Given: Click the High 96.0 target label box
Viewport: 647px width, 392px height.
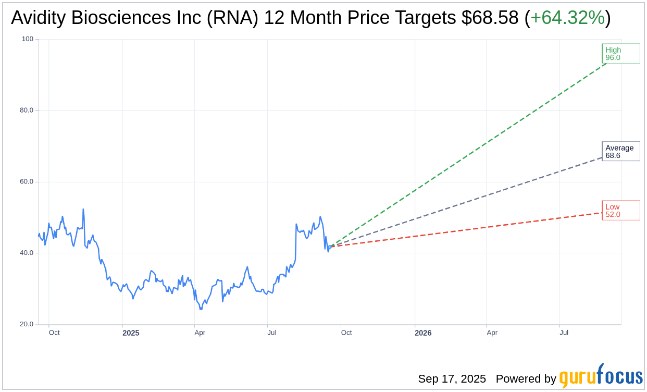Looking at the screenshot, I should coord(620,54).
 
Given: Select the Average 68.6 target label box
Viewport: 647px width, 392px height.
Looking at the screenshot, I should coord(620,151).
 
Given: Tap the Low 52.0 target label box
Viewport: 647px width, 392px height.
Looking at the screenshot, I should coord(620,211).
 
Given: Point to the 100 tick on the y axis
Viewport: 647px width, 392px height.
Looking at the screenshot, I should coord(27,39).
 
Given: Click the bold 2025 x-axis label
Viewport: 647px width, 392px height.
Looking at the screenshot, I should coord(131,333).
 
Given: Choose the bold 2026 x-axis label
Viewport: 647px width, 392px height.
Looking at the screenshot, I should coord(423,333).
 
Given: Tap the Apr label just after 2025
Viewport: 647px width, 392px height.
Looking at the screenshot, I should coord(200,333).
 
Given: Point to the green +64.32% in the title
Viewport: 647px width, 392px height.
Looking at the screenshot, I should coord(567,18).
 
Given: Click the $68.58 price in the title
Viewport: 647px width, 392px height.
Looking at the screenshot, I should coord(490,18).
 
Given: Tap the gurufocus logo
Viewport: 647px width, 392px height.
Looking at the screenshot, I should coord(601,376).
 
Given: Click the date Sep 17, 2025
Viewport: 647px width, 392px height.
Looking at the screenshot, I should coord(452,379).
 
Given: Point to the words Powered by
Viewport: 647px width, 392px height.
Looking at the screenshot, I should coord(526,379).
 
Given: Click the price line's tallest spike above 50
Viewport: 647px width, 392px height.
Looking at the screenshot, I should coord(83,210).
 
